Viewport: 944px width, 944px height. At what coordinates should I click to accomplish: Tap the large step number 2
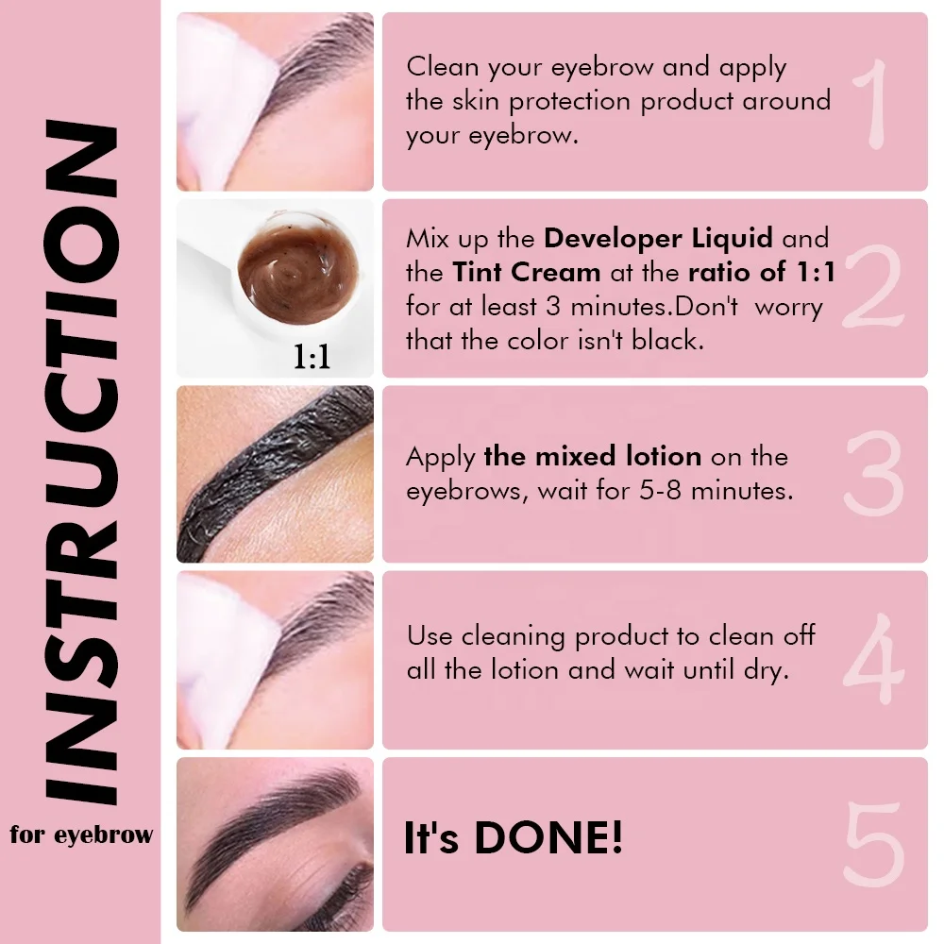click(872, 287)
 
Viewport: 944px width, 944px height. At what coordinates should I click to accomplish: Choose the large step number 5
click(873, 845)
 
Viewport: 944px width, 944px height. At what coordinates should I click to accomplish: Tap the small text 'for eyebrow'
click(81, 834)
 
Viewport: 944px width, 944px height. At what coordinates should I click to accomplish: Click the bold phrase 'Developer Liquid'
click(659, 238)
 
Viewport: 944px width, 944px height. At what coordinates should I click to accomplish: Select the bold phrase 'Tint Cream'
click(527, 272)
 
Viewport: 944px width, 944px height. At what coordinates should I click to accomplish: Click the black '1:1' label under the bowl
click(312, 358)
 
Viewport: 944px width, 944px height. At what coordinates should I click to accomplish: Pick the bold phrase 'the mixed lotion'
click(592, 457)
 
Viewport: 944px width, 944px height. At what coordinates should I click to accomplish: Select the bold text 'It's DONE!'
click(514, 838)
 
